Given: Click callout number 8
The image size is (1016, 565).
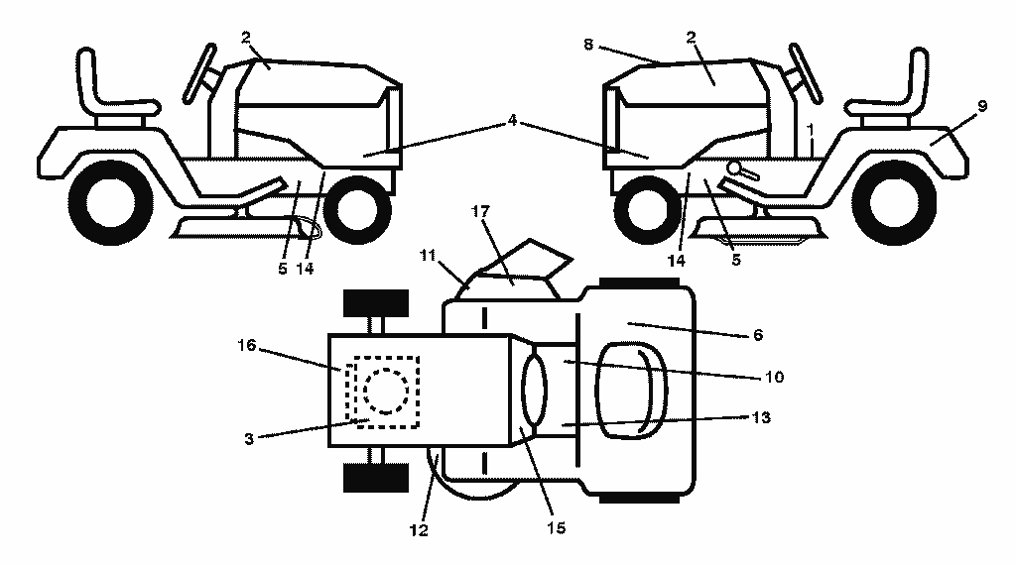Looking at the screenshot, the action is pyautogui.click(x=588, y=45).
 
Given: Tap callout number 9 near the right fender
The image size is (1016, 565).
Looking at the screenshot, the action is pyautogui.click(x=982, y=105).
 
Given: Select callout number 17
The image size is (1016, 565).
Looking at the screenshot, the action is pyautogui.click(x=480, y=212).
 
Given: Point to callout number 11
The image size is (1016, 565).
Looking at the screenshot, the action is pyautogui.click(x=427, y=256).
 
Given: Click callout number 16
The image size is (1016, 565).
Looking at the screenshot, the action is pyautogui.click(x=247, y=346).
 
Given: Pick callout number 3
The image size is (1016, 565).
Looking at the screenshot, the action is pyautogui.click(x=249, y=439).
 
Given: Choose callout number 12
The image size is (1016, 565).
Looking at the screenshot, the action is pyautogui.click(x=419, y=530).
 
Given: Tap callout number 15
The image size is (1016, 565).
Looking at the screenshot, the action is pyautogui.click(x=556, y=528).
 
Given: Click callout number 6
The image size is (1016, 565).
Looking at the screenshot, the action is pyautogui.click(x=758, y=335).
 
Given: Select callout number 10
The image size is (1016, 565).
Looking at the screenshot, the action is pyautogui.click(x=774, y=377).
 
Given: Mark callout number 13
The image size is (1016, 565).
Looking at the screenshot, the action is pyautogui.click(x=761, y=417).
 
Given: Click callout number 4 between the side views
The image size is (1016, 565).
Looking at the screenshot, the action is pyautogui.click(x=513, y=120).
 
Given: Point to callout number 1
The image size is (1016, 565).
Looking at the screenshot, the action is pyautogui.click(x=811, y=131).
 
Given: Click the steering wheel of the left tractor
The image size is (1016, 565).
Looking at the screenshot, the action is pyautogui.click(x=200, y=72).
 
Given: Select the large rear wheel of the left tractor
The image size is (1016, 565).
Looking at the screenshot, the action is pyautogui.click(x=111, y=202).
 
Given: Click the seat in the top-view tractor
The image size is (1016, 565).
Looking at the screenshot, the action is pyautogui.click(x=632, y=391).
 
